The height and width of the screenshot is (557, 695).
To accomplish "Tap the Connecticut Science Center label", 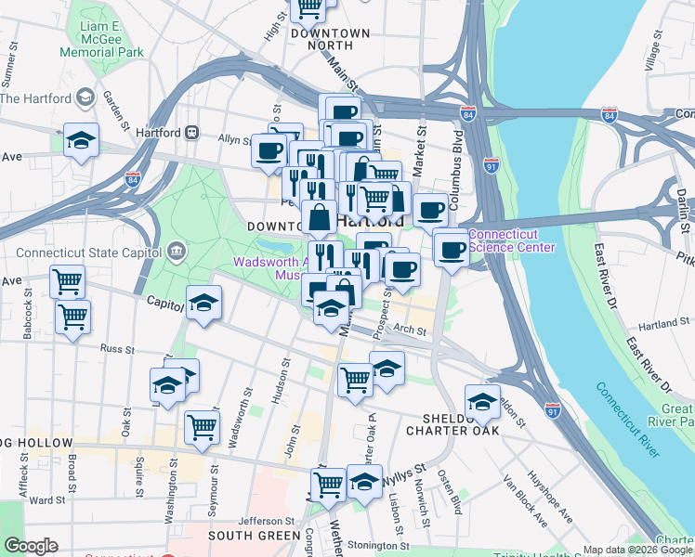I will pyautogui.click(x=512, y=240).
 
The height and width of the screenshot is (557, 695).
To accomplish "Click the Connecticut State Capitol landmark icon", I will pyautogui.click(x=177, y=251).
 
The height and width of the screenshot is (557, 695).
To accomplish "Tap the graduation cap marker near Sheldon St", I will pyautogui.click(x=482, y=402).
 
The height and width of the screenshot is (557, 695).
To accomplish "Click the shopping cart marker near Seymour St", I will pyautogui.click(x=202, y=427).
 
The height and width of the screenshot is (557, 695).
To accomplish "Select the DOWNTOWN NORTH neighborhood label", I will pyautogui.click(x=330, y=38).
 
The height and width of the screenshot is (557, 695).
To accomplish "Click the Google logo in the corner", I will pyautogui.click(x=31, y=546).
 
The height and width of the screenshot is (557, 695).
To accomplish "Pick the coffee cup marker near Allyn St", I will pyautogui.click(x=269, y=149).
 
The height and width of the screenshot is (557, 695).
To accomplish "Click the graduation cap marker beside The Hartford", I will pyautogui.click(x=81, y=140).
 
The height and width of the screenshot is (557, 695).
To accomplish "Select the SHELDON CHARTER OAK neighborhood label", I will pyautogui.click(x=453, y=423).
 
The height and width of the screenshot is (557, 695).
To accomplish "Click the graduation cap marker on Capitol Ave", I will pyautogui.click(x=203, y=304).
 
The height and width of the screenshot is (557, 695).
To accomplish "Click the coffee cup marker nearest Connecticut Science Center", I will pyautogui.click(x=451, y=248).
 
